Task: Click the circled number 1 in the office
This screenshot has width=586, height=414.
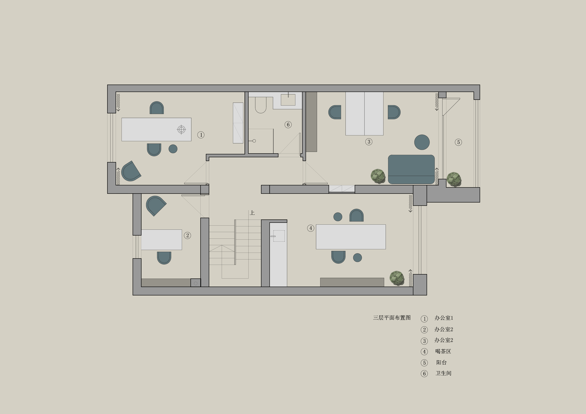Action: (x=201, y=135)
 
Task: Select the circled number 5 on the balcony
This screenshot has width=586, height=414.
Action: (x=458, y=142)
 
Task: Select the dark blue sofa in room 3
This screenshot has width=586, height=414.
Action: (x=411, y=169)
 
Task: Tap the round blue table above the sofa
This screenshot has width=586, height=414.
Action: (x=422, y=142)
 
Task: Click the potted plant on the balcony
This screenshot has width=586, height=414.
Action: (x=454, y=179)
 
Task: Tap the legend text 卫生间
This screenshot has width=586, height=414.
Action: (x=443, y=373)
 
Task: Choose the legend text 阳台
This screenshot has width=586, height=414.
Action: (x=441, y=362)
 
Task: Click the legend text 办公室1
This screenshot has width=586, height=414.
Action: (x=444, y=318)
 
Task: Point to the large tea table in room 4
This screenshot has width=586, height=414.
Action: (x=351, y=237)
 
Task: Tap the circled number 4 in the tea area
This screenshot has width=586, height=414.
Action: (x=311, y=228)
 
